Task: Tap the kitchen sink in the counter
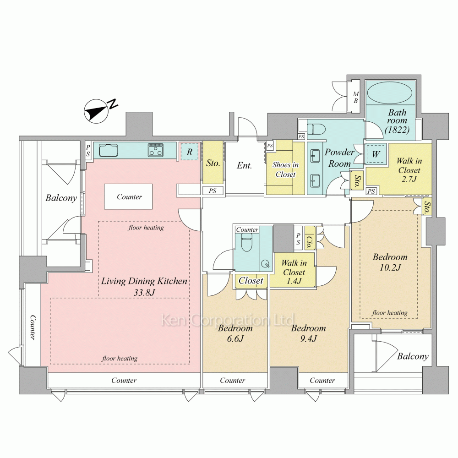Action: (x=109, y=150)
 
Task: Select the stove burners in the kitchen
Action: (x=155, y=150)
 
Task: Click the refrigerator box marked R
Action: (x=189, y=152)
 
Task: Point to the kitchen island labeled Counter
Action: (x=129, y=196)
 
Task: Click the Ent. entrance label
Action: (x=244, y=165)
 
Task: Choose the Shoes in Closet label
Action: (x=285, y=169)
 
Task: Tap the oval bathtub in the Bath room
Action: (x=389, y=93)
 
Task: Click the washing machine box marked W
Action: (x=376, y=153)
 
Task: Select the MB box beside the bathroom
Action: (x=355, y=97)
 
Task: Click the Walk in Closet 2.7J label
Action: (x=409, y=170)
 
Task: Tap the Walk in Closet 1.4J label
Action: (x=294, y=272)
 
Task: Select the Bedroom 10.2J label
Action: (x=390, y=262)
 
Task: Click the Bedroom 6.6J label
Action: (x=235, y=333)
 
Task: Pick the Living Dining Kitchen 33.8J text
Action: (x=144, y=286)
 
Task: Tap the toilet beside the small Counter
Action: (x=247, y=243)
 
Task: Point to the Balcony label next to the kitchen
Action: (x=61, y=198)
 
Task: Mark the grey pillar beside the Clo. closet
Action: (x=284, y=239)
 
